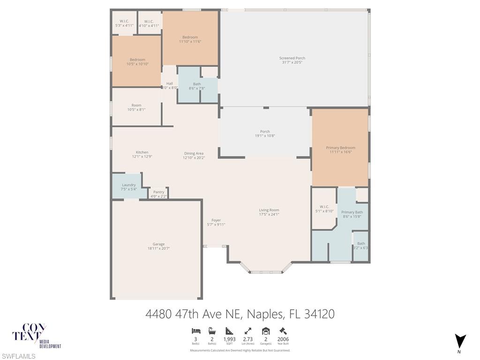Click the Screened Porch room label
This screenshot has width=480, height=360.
click(x=292, y=58)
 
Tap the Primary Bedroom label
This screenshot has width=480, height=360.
click(x=340, y=148)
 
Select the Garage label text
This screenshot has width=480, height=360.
click(x=158, y=244)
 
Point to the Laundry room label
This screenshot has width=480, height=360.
click(x=128, y=185)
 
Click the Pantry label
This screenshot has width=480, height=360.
click(x=158, y=192)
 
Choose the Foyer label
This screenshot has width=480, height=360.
click(x=216, y=220)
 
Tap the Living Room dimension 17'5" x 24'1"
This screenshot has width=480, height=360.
click(x=269, y=215)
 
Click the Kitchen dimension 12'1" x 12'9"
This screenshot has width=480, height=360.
click(x=142, y=157)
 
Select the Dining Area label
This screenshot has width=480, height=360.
click(x=194, y=153)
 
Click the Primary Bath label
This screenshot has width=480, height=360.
click(x=352, y=212)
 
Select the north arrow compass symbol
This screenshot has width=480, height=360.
click(x=460, y=341)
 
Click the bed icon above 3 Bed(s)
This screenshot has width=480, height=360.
click(x=196, y=330)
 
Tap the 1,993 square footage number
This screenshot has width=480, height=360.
click(x=230, y=339)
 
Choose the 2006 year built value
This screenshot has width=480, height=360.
click(x=283, y=339)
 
